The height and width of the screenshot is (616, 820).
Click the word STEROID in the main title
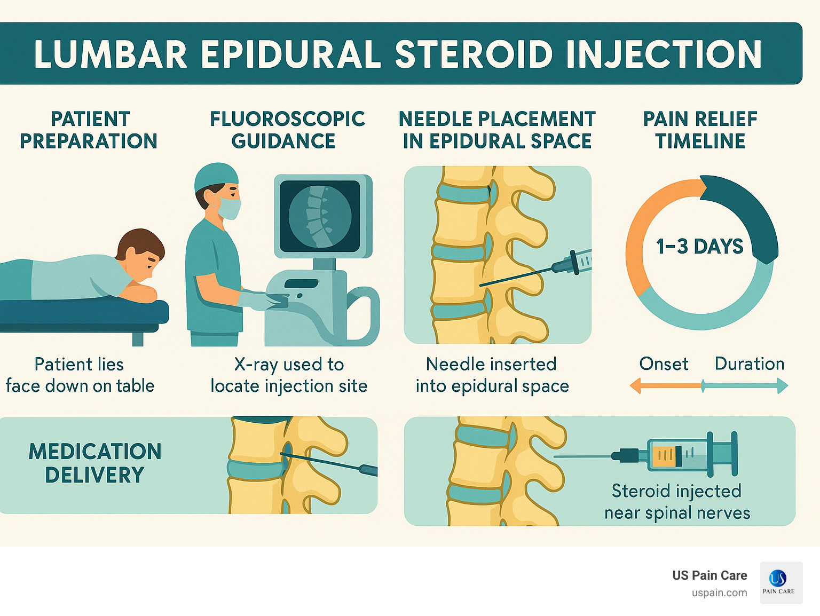[474, 54]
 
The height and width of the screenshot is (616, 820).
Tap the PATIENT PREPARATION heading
[89, 130]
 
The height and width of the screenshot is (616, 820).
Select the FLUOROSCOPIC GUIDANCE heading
[287, 130]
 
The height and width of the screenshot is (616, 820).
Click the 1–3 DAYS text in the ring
[699, 247]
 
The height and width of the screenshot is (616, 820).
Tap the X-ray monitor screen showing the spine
[320, 216]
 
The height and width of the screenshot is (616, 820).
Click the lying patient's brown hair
[140, 243]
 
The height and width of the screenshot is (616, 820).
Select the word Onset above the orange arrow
[664, 364]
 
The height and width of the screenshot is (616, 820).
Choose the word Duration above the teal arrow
[749, 364]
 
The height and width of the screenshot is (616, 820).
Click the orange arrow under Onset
[665, 385]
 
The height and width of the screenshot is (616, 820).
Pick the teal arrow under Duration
[745, 385]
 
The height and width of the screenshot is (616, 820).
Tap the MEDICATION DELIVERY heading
[94, 463]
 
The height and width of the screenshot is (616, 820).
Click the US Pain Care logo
[781, 582]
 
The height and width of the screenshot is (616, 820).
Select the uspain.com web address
[719, 593]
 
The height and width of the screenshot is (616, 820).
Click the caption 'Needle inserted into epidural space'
[492, 375]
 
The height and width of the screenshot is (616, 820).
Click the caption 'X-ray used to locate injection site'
[289, 375]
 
